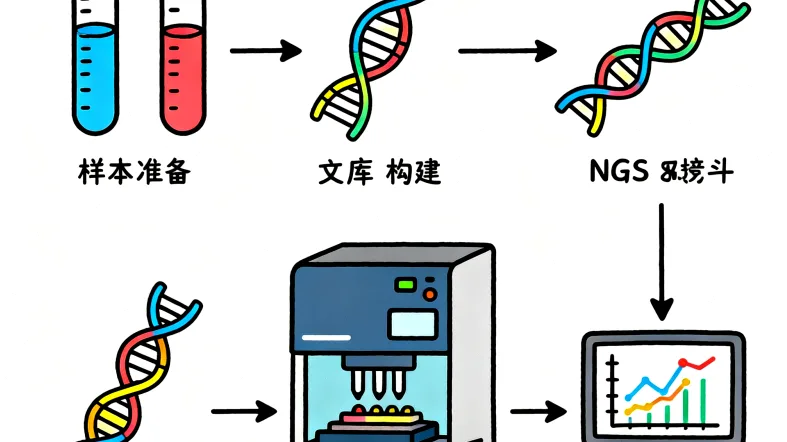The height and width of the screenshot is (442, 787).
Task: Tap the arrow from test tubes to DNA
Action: [265, 49]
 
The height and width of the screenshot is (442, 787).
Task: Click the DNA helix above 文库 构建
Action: [359, 69]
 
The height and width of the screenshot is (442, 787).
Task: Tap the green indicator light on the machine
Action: [405, 285]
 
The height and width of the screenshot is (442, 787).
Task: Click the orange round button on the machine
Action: [429, 294]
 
